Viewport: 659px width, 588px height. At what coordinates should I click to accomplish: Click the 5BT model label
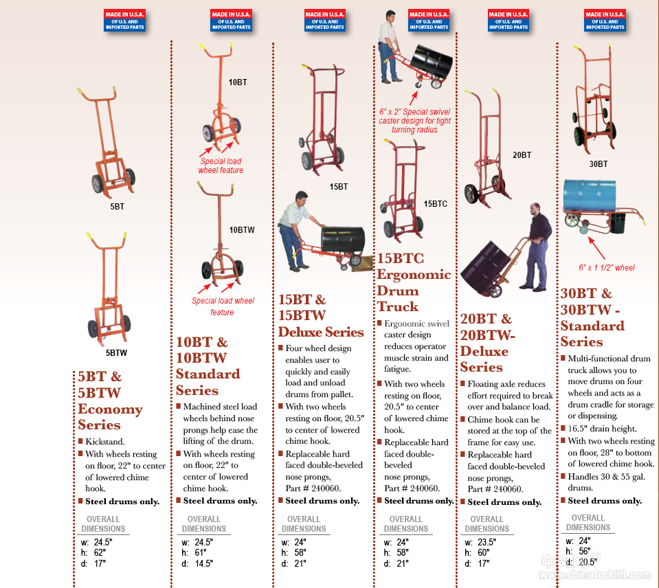tap(117, 206)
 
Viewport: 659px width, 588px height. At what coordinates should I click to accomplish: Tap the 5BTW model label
tap(116, 353)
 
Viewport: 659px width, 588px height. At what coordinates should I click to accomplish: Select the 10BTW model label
tap(242, 230)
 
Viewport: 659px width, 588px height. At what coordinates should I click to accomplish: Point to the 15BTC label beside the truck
tap(435, 204)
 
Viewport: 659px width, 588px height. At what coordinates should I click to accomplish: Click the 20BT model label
tap(522, 155)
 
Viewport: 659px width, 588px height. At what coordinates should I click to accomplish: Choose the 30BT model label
tap(598, 164)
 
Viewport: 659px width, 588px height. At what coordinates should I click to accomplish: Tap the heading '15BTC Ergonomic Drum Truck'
tap(414, 282)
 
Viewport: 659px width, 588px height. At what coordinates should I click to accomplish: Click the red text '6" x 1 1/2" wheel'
tap(606, 268)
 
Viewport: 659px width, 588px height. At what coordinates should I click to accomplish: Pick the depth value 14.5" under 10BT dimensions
tap(204, 563)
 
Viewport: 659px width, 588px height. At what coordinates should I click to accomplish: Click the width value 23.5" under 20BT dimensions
tap(486, 542)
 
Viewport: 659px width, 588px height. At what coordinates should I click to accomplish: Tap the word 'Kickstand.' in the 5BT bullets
tap(105, 442)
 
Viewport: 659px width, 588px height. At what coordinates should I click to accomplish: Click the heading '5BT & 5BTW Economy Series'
tap(110, 400)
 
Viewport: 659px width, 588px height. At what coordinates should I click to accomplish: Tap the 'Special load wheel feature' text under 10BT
tap(221, 166)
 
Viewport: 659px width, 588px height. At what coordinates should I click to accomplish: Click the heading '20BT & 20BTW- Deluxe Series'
tap(487, 343)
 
